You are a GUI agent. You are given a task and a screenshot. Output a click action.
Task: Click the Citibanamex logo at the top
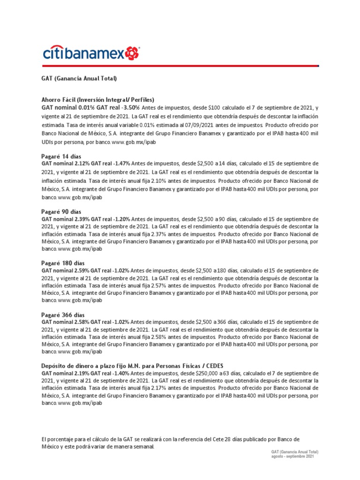pos(91,53)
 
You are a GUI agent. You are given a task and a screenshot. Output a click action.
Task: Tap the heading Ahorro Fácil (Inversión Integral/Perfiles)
pos(98,100)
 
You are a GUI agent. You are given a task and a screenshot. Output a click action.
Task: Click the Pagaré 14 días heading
pos(61,156)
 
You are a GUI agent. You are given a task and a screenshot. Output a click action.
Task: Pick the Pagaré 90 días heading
pos(61,212)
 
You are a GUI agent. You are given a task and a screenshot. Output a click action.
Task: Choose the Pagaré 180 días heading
pos(63,263)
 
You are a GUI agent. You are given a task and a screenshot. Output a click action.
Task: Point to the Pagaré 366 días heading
pos(63,315)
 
